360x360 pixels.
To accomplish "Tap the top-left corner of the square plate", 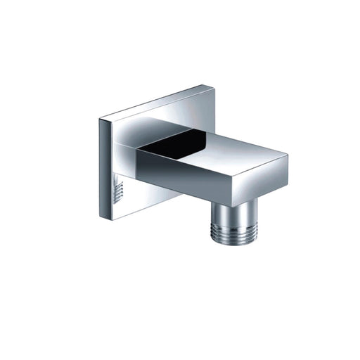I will pos(100,119).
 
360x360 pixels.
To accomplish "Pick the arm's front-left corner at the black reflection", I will pos(138,148).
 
